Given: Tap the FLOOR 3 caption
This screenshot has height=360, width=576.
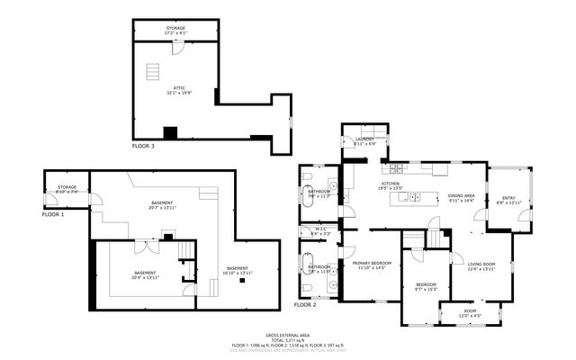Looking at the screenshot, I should click(143, 145).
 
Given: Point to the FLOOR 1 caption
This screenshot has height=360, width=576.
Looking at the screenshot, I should click(53, 215).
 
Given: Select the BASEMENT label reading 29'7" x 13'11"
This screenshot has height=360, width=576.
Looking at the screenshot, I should click(163, 206).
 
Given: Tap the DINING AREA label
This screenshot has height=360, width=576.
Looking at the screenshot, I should click(461, 197).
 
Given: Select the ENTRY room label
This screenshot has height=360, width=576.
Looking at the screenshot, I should click(508, 200).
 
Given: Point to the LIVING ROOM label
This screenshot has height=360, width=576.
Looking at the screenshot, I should click(481, 265).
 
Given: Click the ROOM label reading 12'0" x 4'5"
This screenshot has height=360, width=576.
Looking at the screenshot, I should click(472, 314).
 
